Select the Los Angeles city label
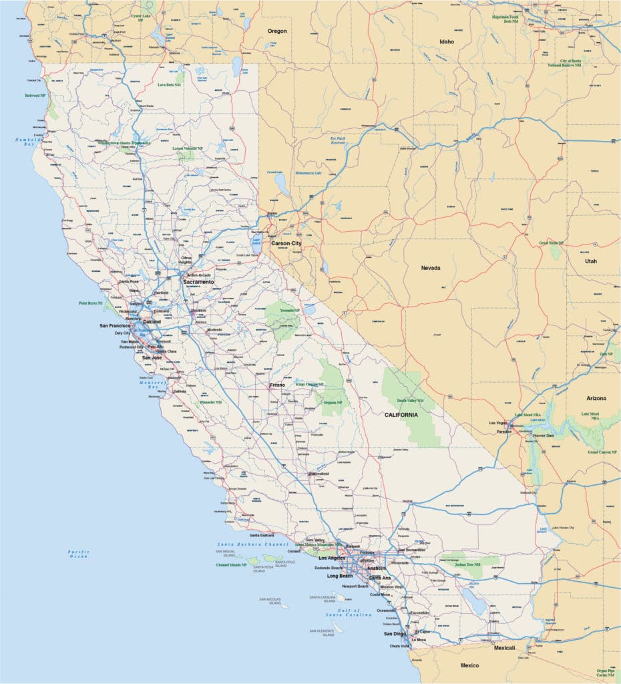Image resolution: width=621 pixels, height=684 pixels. pos(332,558)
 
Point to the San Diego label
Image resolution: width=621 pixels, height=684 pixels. pos(394,633)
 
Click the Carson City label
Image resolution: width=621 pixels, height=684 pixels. pos(286,244)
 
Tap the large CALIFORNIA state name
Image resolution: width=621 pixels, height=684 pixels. pos(401,415)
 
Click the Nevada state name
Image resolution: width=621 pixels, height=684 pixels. pos(431,268)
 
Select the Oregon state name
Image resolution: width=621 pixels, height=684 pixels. pos(277,31)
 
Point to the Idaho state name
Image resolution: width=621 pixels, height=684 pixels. pos(446,41)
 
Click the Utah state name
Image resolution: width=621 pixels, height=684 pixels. pos(591,261)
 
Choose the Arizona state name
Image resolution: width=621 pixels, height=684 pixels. pos(596,398)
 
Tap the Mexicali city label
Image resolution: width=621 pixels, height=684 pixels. pos(504,648)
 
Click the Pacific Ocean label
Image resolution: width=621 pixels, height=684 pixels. pos(78,554)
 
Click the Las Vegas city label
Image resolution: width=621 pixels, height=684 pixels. pos(498,423)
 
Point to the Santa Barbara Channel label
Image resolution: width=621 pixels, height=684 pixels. pos(252,545)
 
